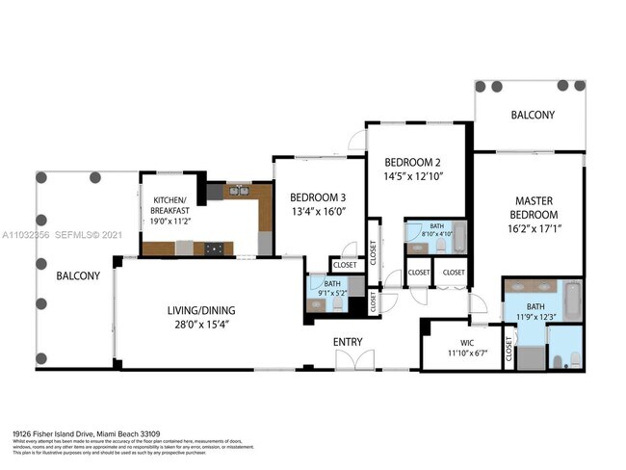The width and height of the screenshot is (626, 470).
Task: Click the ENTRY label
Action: (x=349, y=342)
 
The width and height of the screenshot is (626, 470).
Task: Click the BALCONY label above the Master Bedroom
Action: (x=533, y=116)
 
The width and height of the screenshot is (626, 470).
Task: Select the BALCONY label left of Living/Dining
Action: (x=77, y=275)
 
